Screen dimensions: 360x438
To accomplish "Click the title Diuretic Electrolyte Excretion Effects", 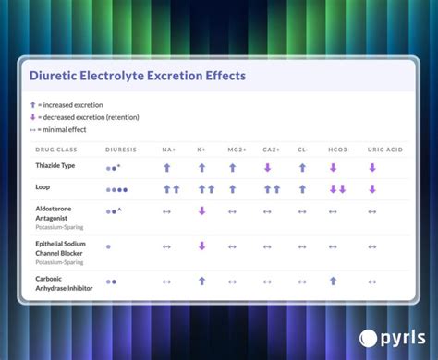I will pos(137,75).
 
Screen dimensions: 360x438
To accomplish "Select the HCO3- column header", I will pos(337,149).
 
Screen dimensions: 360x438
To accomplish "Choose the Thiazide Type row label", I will pos(55,166).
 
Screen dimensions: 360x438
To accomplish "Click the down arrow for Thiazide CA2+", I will pos(268,168).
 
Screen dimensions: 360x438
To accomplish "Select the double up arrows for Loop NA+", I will pos(171,189).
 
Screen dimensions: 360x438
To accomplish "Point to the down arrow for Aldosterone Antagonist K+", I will pos(201,211).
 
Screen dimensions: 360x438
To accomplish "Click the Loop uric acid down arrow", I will pos(372,189).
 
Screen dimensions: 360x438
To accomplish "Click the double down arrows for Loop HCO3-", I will pos(337,189).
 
